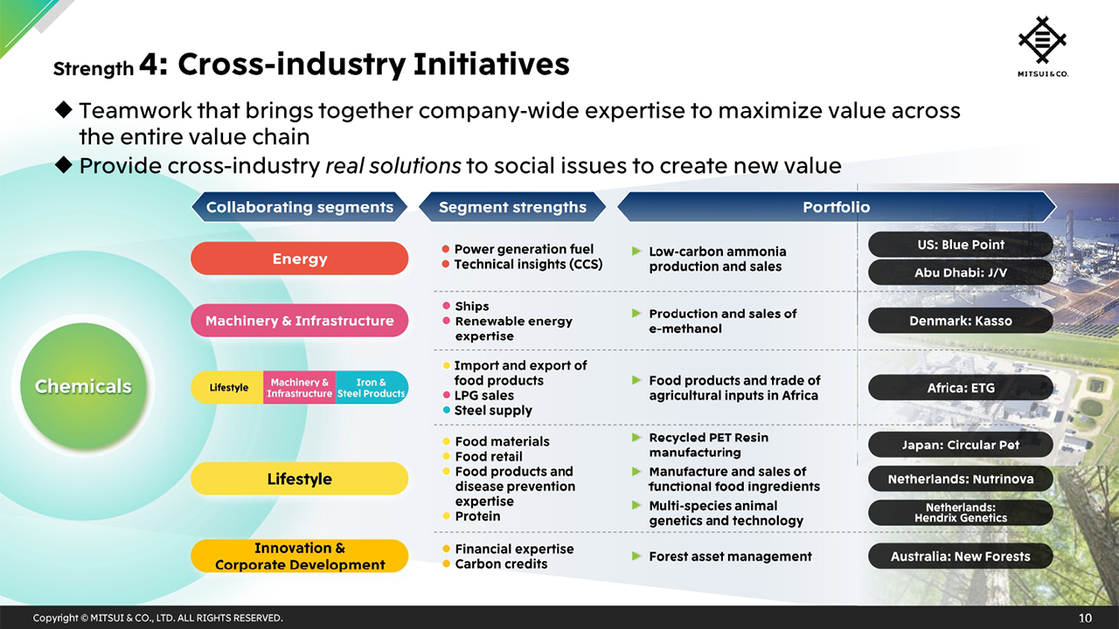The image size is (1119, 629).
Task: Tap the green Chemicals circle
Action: click(84, 386)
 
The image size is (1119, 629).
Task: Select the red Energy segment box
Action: click(299, 259)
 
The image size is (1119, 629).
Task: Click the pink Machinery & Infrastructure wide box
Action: click(299, 321)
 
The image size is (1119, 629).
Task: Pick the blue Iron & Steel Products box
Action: click(372, 388)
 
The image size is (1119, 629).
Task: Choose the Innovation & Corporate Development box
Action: click(299, 556)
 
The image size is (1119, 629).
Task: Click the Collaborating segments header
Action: click(299, 207)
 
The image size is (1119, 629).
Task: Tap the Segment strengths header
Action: click(512, 207)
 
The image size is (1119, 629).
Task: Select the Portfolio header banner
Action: click(836, 207)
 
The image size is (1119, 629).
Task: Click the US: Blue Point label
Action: click(960, 245)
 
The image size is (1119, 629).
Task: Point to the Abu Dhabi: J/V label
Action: click(960, 273)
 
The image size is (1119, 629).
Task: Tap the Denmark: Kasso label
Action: click(960, 321)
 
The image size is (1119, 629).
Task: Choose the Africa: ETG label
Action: click(960, 388)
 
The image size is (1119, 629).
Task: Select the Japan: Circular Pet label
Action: click(960, 445)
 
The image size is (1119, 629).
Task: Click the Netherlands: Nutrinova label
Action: click(960, 479)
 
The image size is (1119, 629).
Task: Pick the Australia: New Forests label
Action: click(960, 556)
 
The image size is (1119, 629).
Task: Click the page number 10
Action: click(1085, 619)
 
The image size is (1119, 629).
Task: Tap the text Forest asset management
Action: click(730, 556)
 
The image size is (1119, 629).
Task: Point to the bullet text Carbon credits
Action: click(501, 564)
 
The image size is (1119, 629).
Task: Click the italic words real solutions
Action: click(393, 166)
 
